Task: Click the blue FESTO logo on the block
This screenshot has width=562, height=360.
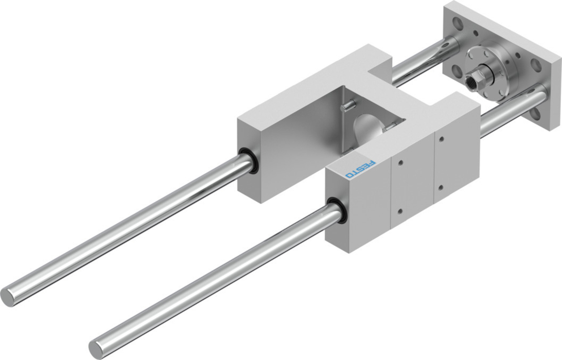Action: [360, 169]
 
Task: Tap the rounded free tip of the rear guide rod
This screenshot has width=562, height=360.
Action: [7, 297]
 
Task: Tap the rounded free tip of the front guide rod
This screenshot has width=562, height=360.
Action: [95, 349]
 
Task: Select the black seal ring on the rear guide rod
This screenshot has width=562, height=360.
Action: [247, 161]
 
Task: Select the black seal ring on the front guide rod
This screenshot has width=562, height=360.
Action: [336, 211]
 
